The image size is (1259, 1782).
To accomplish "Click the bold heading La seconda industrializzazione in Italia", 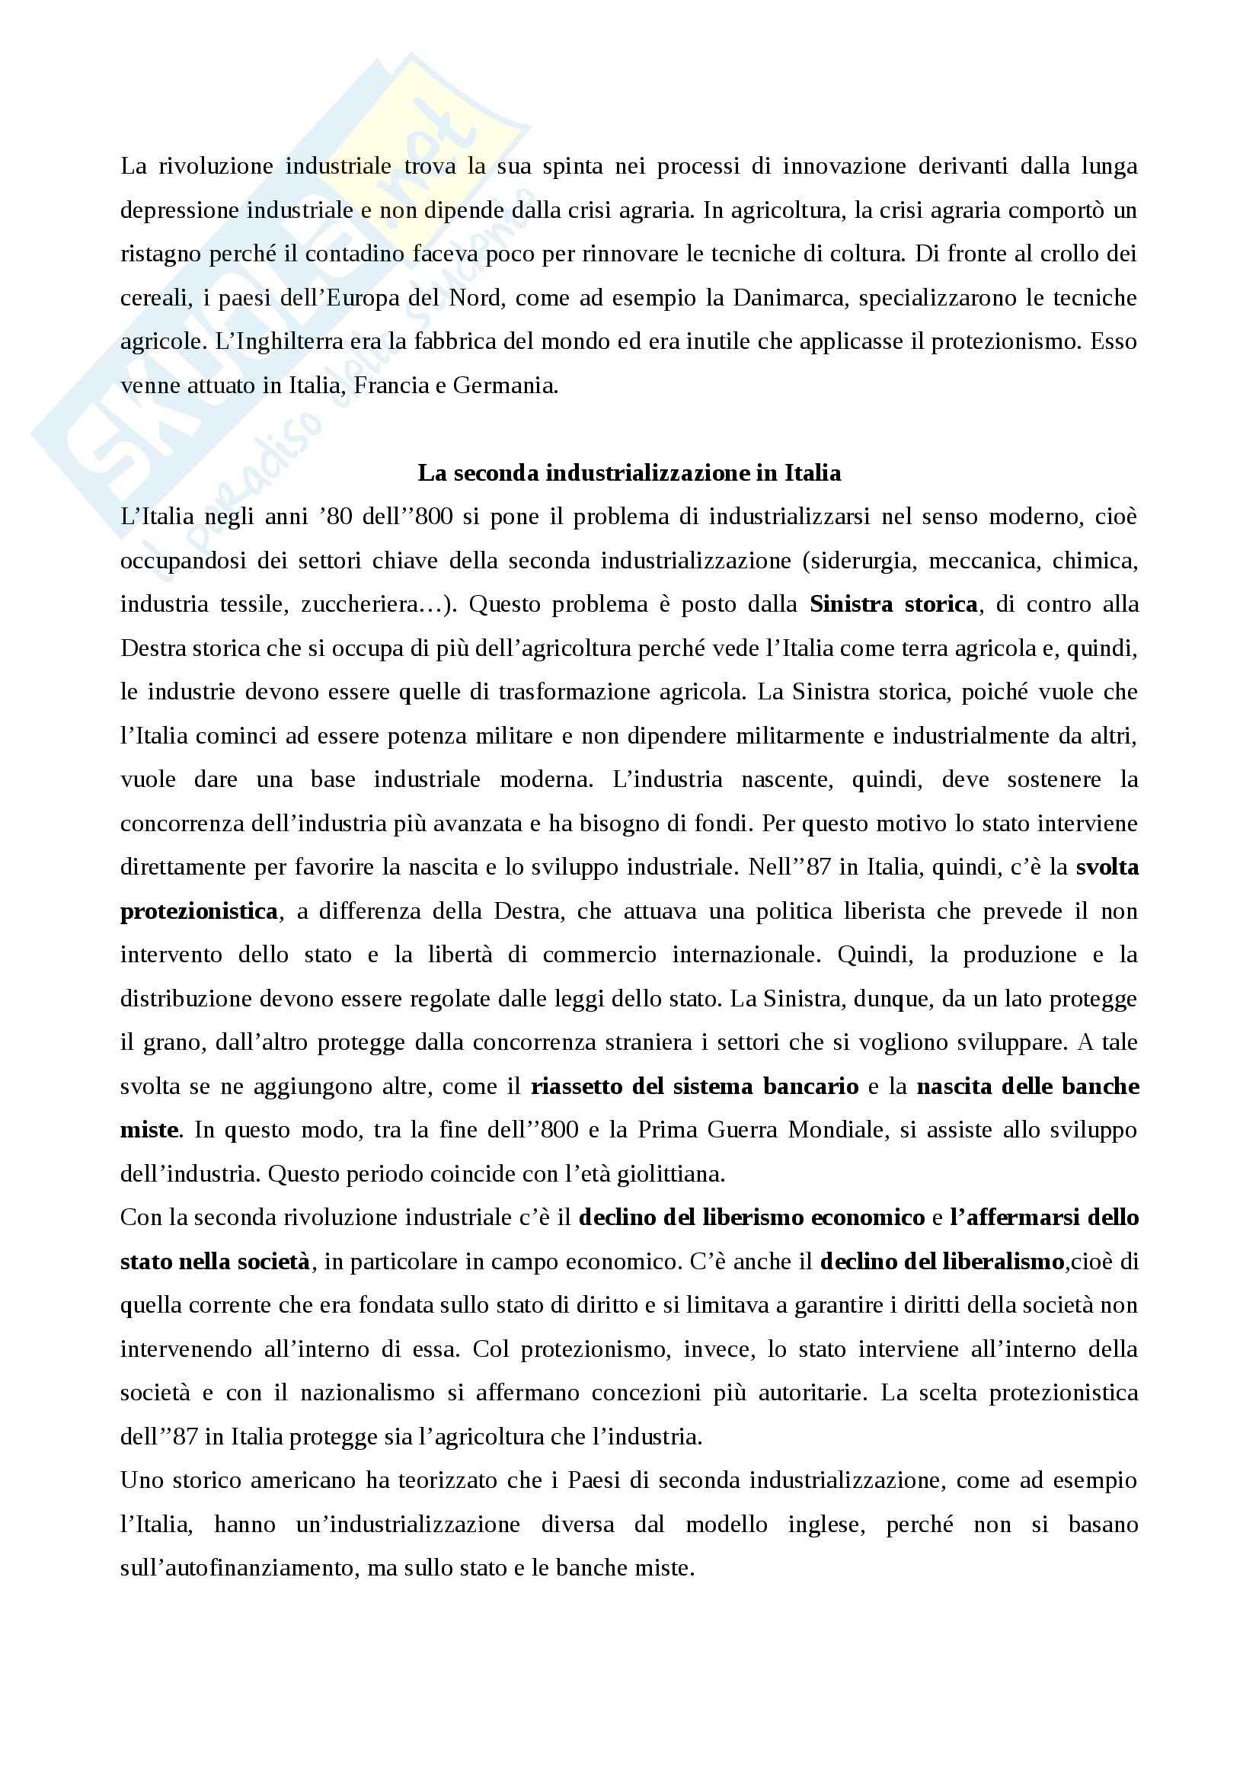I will (x=629, y=472).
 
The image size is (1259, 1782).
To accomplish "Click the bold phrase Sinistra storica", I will (x=893, y=605).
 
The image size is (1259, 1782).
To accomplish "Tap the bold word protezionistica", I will (x=200, y=911).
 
